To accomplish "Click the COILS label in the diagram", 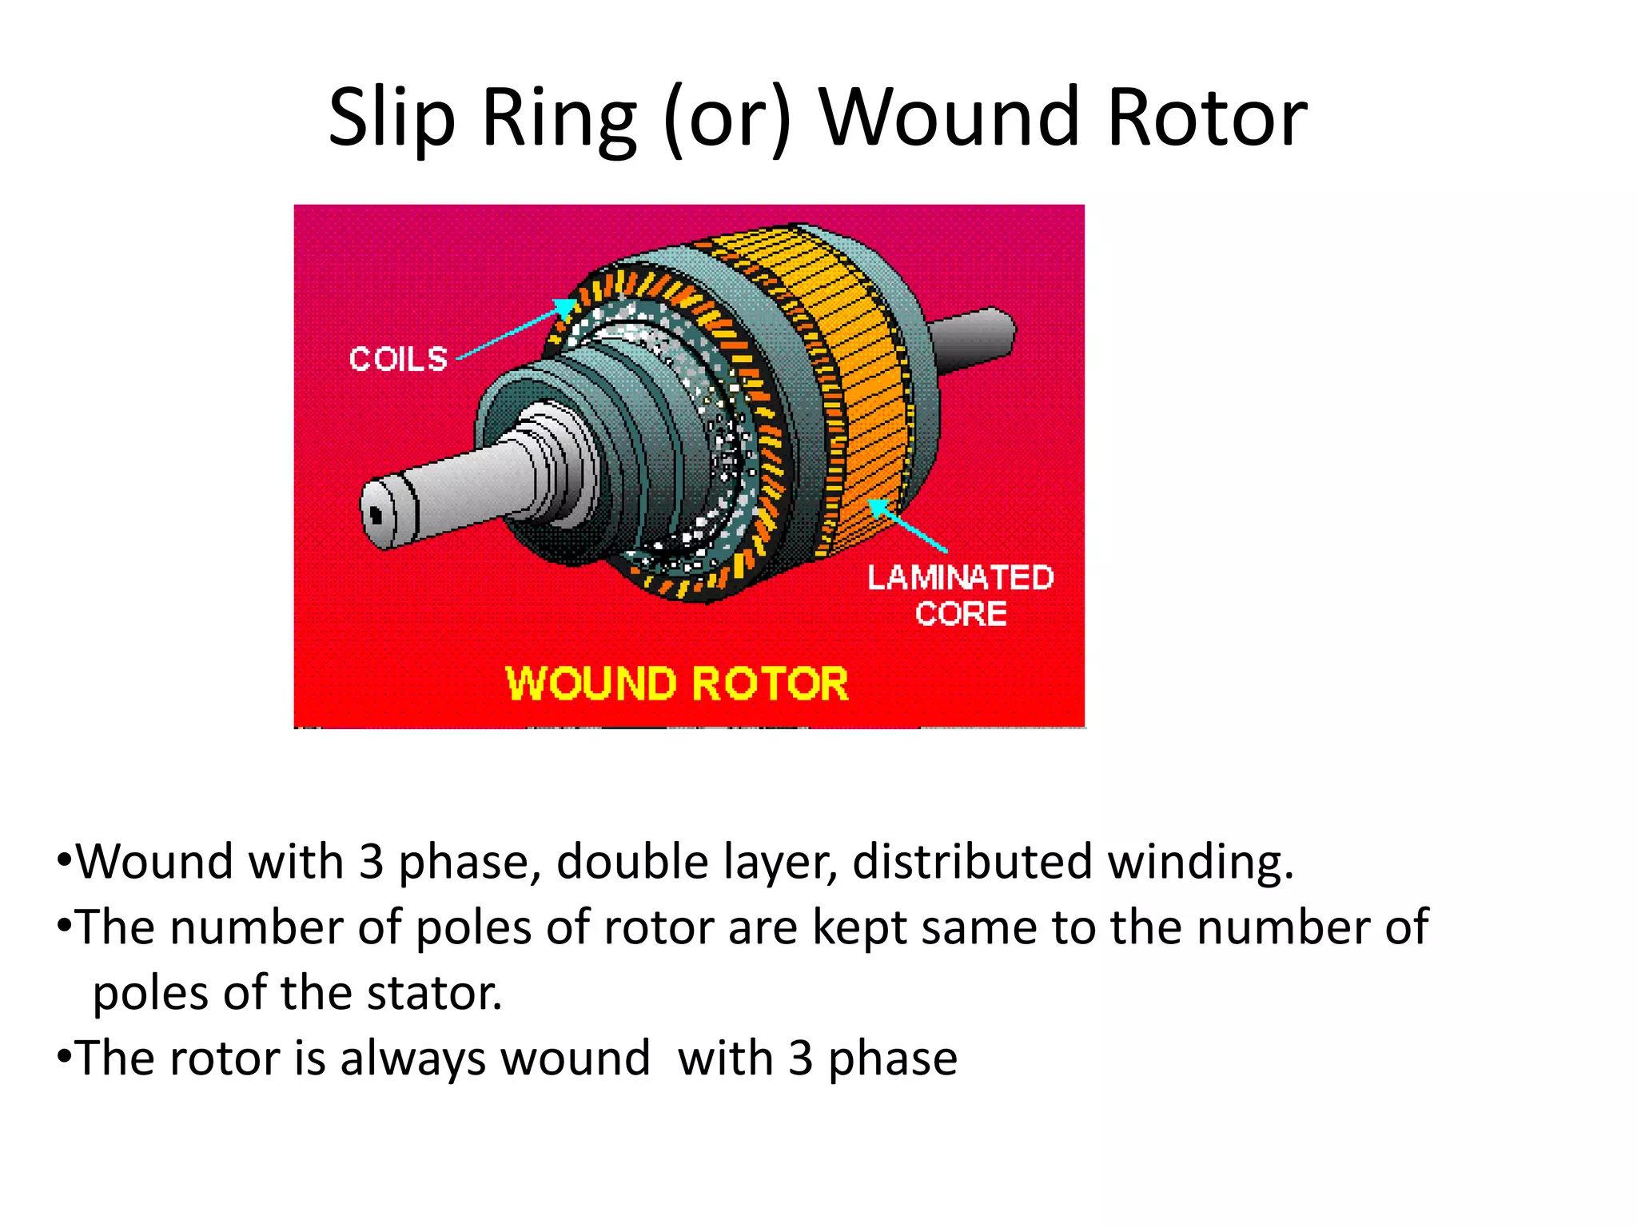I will [398, 359].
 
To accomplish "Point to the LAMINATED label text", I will [960, 577].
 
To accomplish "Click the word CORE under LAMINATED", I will [960, 614].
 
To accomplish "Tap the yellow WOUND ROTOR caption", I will [676, 684].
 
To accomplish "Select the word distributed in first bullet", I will [971, 863].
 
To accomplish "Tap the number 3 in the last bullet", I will [800, 1059].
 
